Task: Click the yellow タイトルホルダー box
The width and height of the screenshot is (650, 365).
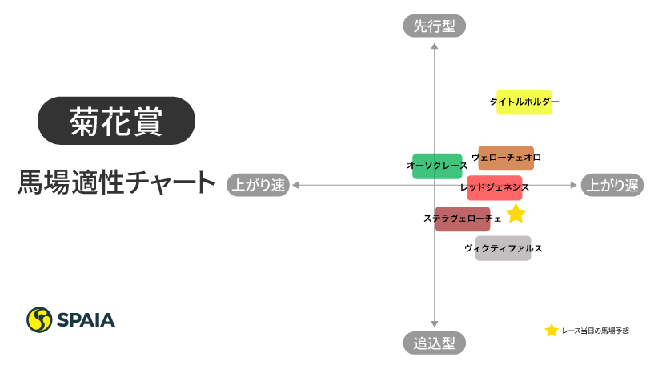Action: pos(524,102)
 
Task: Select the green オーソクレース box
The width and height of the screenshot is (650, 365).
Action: pos(437,166)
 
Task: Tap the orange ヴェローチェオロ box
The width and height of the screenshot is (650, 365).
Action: pos(507,157)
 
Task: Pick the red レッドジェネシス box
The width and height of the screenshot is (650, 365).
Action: pos(495,187)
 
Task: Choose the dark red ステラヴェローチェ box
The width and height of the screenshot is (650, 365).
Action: pos(462,219)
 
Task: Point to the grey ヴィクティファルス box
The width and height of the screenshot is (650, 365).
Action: pos(503,248)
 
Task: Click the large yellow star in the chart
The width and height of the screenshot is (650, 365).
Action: pos(516,213)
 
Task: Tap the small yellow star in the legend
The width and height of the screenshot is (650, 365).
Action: pos(552,331)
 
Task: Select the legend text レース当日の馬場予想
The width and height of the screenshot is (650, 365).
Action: pos(596,331)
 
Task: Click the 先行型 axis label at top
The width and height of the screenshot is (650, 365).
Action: pos(434,26)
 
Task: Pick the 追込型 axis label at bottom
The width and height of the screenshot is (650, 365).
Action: pos(434,343)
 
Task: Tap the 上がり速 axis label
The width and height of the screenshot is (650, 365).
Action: pos(258,185)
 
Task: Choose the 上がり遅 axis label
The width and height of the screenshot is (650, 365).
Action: pos(612,185)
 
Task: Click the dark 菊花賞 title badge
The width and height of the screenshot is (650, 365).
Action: pos(117,121)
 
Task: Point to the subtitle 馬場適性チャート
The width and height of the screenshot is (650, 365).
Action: pos(117,182)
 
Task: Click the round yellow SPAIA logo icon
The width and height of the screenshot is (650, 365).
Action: pos(39,319)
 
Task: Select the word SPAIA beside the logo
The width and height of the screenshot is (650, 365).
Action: pos(86,320)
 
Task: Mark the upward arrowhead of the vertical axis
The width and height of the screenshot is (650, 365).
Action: pos(435,45)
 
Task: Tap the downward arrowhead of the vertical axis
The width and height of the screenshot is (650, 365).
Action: pos(435,324)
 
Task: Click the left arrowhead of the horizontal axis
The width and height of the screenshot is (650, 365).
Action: pos(295,185)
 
